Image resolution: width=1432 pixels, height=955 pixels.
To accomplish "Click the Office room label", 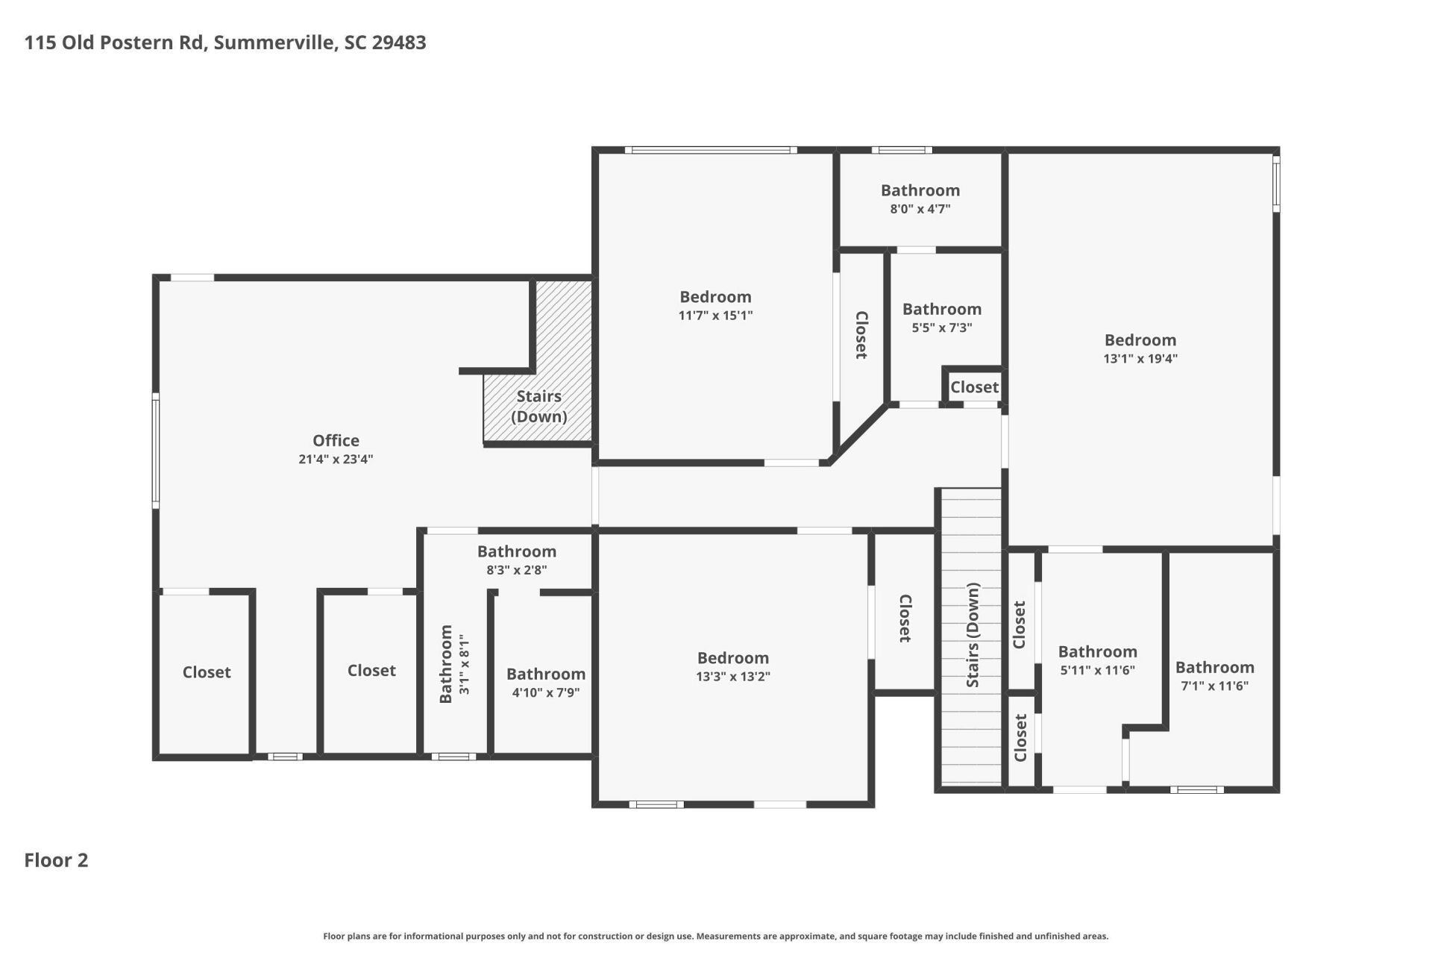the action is (x=336, y=440).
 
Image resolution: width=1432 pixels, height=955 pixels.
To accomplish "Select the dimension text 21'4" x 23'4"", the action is (x=336, y=460).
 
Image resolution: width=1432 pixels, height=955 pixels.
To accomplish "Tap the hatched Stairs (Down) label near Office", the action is (x=538, y=406).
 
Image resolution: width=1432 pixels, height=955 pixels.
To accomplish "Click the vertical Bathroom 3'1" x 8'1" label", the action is (x=453, y=664).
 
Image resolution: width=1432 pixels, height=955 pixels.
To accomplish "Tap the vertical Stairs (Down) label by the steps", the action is (x=973, y=636).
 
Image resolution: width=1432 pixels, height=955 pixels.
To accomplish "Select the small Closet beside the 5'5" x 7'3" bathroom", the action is (x=973, y=387).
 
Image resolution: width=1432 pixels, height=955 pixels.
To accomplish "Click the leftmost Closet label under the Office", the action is (x=207, y=672).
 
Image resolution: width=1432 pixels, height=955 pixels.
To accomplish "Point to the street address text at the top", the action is (x=225, y=43).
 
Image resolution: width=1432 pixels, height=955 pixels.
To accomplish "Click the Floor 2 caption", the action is (x=56, y=860).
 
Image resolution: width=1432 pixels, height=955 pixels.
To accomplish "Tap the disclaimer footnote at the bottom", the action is (x=715, y=936).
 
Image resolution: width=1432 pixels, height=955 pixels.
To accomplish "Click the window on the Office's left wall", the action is (x=156, y=451).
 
